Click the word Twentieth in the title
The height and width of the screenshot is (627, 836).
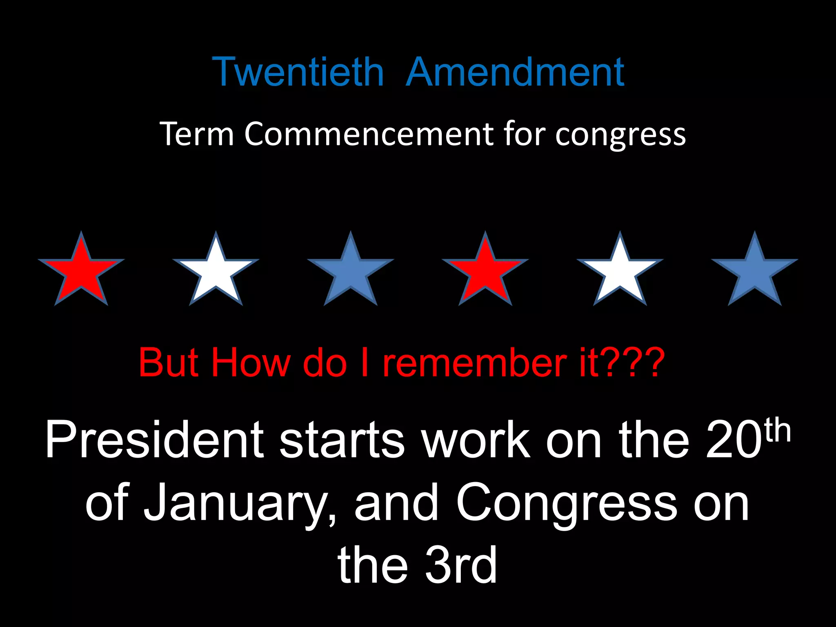298,72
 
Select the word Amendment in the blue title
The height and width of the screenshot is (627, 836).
515,72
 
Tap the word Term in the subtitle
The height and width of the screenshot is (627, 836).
196,133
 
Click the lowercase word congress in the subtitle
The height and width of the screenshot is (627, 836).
620,135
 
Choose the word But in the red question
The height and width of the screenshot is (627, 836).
169,362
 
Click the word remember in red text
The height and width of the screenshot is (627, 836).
474,362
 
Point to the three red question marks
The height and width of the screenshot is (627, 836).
632,362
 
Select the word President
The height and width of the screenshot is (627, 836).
155,440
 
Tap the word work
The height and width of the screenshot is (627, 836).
476,440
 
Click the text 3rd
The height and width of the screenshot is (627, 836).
461,565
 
